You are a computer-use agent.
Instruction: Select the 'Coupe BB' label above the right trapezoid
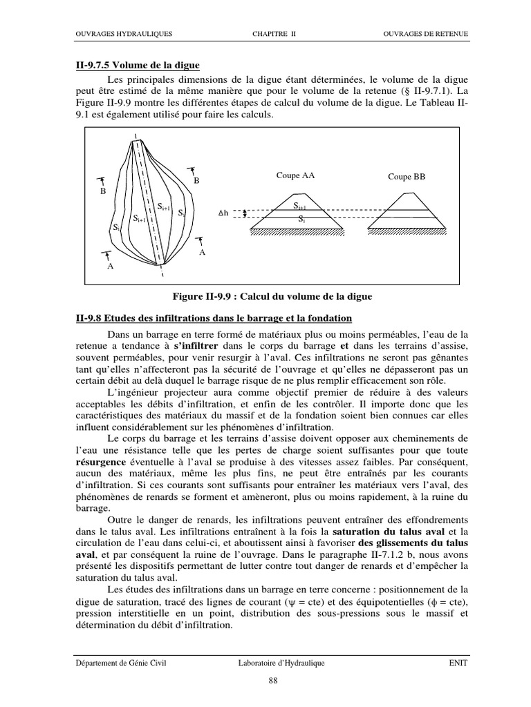point(407,177)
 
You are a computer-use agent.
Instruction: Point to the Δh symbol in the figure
point(223,213)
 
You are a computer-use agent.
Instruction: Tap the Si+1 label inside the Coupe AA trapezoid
point(299,206)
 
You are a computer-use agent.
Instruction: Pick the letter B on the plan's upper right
point(196,180)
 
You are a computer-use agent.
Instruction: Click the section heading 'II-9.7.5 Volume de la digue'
point(138,65)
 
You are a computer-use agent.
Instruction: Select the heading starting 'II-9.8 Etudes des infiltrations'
point(214,318)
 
